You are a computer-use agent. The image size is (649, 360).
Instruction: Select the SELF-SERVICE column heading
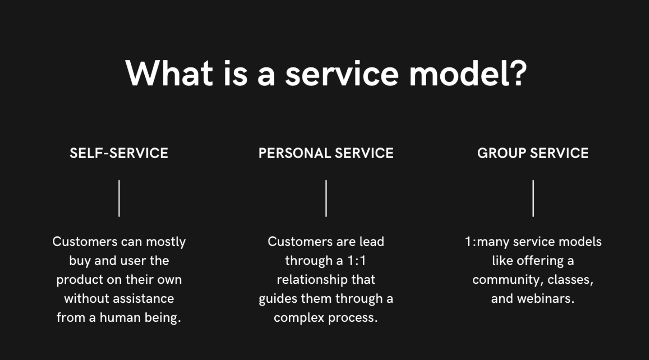pos(119,153)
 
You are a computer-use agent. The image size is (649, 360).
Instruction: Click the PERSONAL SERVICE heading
pos(326,153)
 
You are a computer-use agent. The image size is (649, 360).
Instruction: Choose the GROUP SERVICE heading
pos(533,153)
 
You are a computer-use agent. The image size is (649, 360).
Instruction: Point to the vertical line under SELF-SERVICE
pos(119,198)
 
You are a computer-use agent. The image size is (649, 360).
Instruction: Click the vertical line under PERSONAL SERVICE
pos(326,198)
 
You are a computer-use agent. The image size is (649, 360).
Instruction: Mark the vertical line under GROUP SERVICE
pos(533,198)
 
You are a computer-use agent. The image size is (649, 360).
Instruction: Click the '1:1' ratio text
pos(357,261)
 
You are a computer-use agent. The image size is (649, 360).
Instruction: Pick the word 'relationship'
pos(306,279)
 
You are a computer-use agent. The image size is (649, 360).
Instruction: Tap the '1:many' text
pos(487,242)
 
